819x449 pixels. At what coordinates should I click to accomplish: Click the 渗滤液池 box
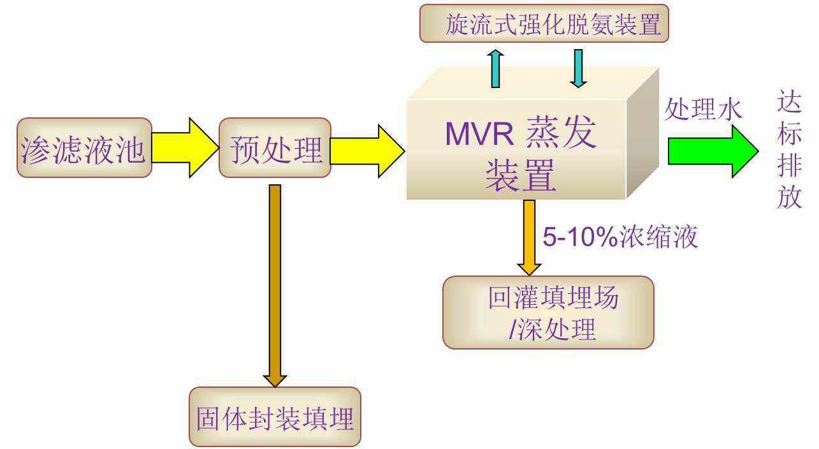84,147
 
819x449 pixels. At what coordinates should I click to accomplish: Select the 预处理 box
275,147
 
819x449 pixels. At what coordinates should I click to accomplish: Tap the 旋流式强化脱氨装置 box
544,24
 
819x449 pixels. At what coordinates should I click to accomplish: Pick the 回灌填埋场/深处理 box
548,313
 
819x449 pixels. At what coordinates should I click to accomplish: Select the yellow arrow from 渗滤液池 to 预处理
184,147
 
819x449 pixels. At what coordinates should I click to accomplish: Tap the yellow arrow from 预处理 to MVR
366,151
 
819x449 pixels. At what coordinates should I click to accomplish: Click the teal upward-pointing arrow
495,68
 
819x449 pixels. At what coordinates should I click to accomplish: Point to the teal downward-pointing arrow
578,68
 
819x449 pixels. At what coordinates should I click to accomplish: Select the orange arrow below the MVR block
529,236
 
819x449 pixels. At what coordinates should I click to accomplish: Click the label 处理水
703,110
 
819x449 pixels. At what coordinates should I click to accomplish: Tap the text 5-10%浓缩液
620,237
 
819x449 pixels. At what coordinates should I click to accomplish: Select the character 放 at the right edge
790,198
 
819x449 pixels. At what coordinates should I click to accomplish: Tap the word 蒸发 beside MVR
561,133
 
